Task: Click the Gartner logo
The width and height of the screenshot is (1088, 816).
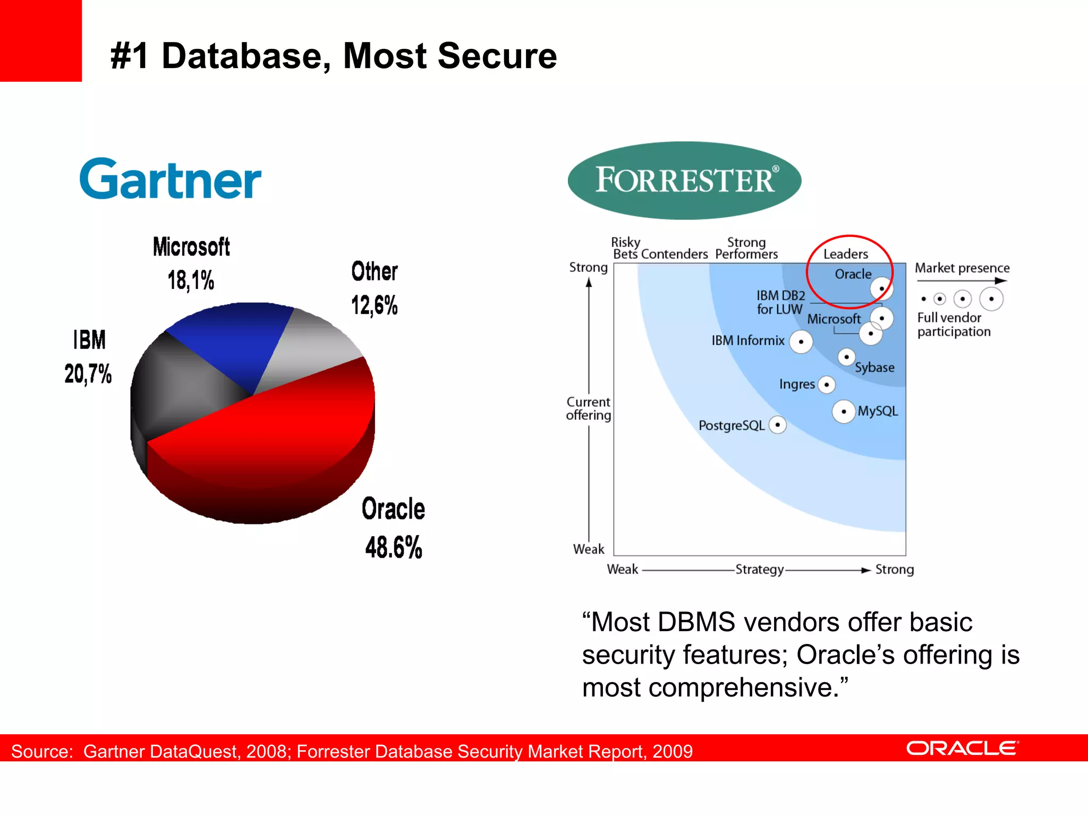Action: [x=170, y=180]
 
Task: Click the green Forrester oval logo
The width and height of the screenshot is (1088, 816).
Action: [x=684, y=180]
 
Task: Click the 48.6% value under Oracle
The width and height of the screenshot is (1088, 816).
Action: [x=394, y=547]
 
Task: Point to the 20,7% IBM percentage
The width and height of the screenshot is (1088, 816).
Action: [x=88, y=373]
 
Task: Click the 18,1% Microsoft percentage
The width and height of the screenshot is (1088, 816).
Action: [x=191, y=280]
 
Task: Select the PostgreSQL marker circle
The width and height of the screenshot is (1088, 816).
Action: [x=778, y=425]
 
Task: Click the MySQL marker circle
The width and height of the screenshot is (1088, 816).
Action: [x=844, y=412]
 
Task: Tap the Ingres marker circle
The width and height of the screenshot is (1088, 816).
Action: [x=827, y=385]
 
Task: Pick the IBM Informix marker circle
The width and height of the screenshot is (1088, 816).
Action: [x=801, y=342]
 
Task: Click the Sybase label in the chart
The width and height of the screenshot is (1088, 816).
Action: [x=874, y=368]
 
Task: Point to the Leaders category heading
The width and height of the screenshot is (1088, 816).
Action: [x=846, y=254]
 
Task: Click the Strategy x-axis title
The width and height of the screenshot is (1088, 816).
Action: [x=759, y=569]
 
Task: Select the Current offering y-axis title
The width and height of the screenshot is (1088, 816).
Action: [x=588, y=409]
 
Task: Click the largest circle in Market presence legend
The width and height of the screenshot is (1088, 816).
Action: [x=991, y=299]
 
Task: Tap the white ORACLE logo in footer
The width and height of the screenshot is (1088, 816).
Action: [x=962, y=749]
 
